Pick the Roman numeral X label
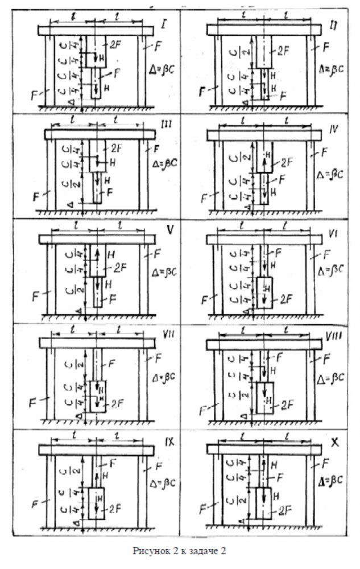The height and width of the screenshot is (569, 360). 334,442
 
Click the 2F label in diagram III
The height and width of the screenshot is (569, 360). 116,147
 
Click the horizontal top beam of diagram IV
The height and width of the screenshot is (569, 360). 261,134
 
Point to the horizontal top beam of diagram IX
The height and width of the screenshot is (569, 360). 96,450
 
